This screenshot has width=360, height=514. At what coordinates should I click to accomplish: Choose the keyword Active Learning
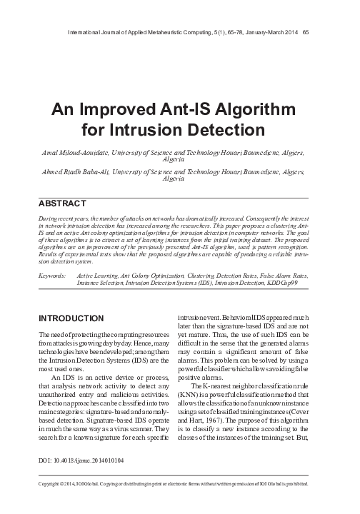(x=99, y=274)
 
